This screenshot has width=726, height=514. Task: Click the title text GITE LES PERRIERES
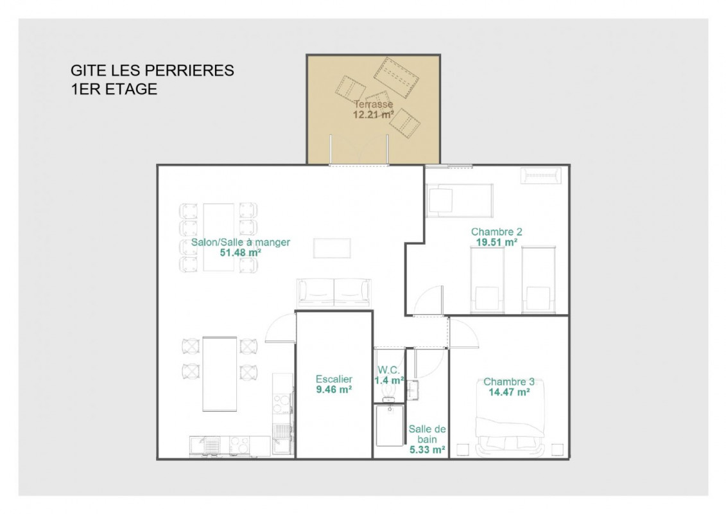pos(152,71)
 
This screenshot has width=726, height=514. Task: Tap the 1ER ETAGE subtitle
pos(114,89)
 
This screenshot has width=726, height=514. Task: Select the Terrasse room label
pos(373,104)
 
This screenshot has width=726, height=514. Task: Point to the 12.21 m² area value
pos(373,114)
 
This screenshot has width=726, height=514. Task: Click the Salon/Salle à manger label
pos(241,242)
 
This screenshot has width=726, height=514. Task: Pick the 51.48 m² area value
pos(240,253)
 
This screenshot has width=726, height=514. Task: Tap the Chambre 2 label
pos(496,232)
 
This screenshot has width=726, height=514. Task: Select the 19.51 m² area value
pos(496,242)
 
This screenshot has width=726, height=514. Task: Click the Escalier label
pos(334,379)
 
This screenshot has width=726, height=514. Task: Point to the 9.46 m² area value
pos(334,389)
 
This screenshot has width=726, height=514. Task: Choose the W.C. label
pos(388,370)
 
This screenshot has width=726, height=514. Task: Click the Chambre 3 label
pos(509,382)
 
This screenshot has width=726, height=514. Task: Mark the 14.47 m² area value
pos(509,392)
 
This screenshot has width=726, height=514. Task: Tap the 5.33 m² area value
pos(428,450)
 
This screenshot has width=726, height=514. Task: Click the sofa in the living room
pos(334,293)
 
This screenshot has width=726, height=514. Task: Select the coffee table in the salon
pos(332,248)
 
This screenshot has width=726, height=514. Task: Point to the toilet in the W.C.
pos(388,394)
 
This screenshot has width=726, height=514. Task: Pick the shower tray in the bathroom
pos(390,425)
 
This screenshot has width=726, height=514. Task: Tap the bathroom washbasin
pos(413,389)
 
